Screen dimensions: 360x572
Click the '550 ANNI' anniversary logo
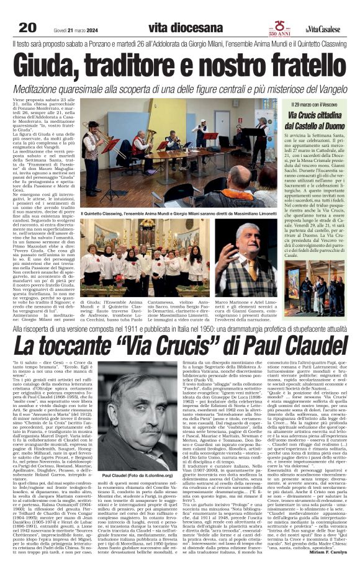pos(277,28)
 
